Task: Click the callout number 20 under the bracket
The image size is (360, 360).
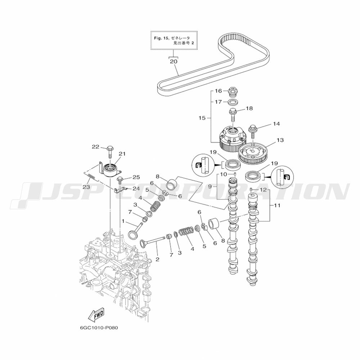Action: [x=174, y=61]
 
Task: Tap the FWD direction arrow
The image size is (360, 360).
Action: [x=96, y=314]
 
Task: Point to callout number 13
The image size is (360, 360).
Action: [x=280, y=140]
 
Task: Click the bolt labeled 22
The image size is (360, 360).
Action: [x=110, y=152]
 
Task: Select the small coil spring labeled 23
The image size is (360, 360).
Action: [x=91, y=177]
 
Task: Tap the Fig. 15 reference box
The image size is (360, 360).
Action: [x=174, y=40]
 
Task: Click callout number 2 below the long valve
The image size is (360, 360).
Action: [x=157, y=259]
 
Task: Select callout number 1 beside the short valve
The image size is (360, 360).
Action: [x=123, y=221]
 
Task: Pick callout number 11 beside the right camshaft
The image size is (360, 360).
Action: [x=277, y=205]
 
